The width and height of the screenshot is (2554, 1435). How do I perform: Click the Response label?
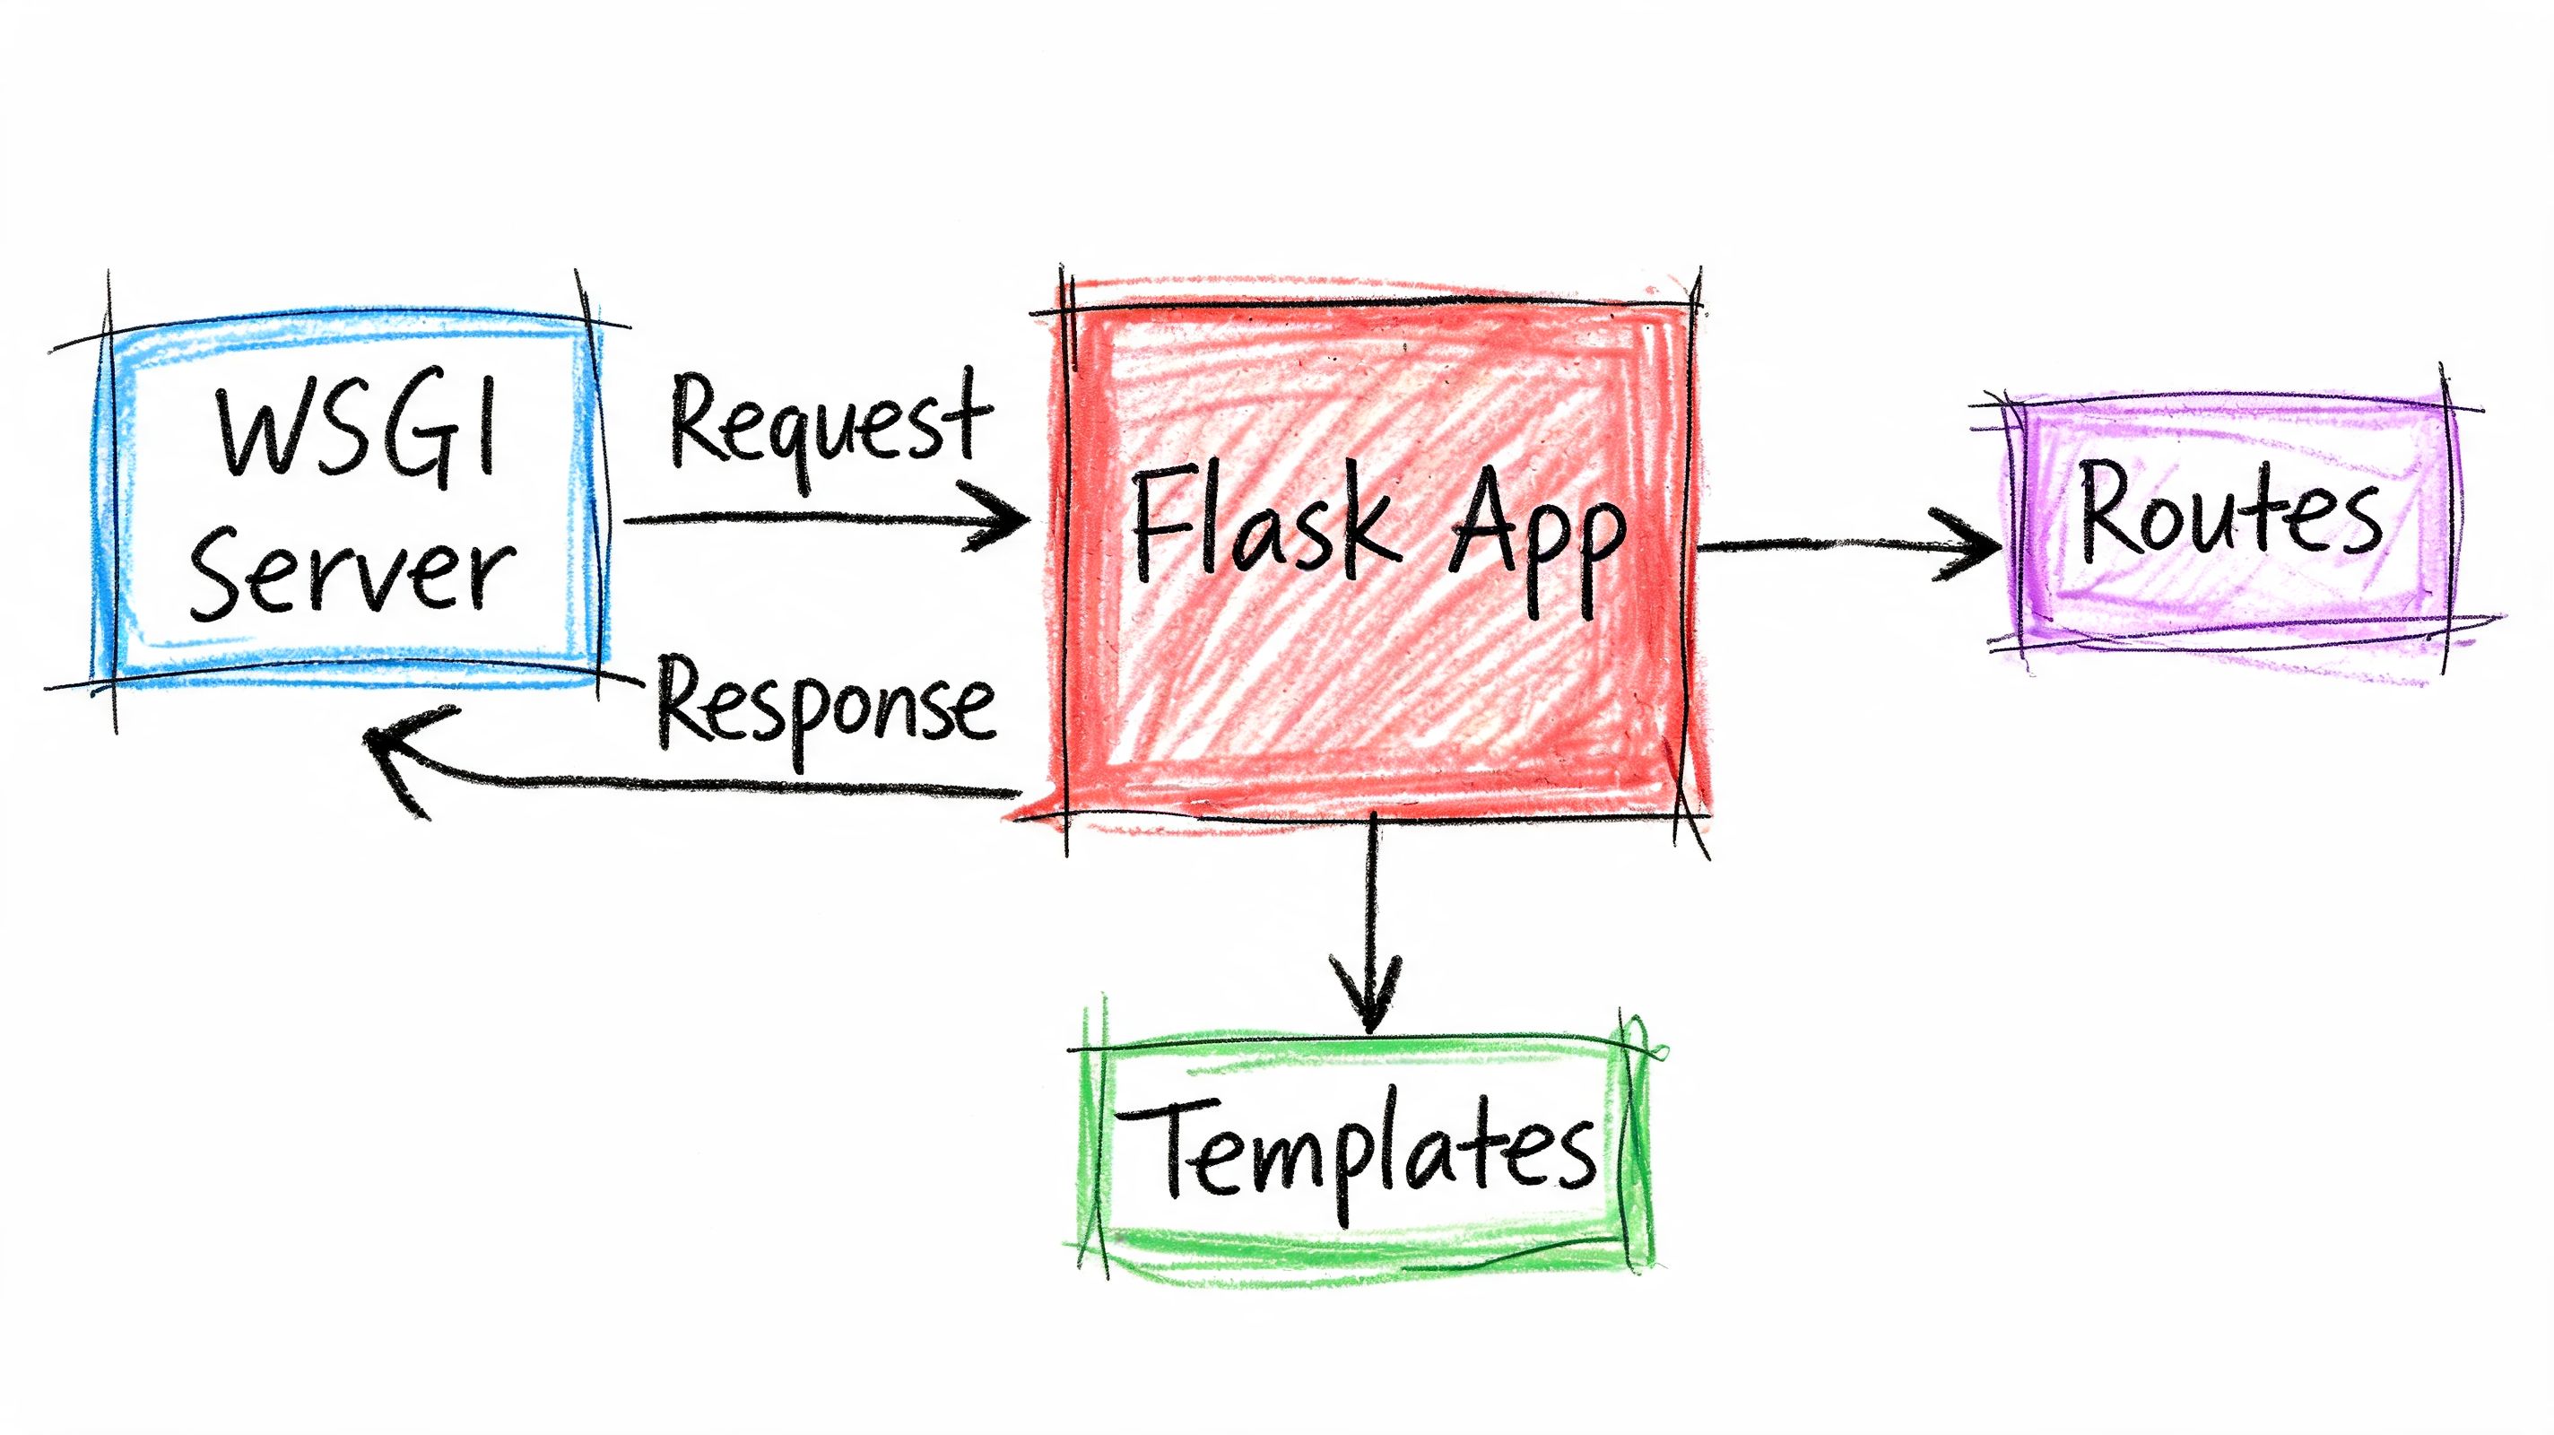coord(825,706)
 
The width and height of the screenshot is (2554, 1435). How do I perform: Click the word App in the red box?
coord(1537,535)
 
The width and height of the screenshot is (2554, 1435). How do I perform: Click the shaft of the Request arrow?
coord(793,517)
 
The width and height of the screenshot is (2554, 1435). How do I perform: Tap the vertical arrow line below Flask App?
coord(1372,892)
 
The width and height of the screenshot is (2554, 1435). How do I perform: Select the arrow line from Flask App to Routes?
coord(1814,544)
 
